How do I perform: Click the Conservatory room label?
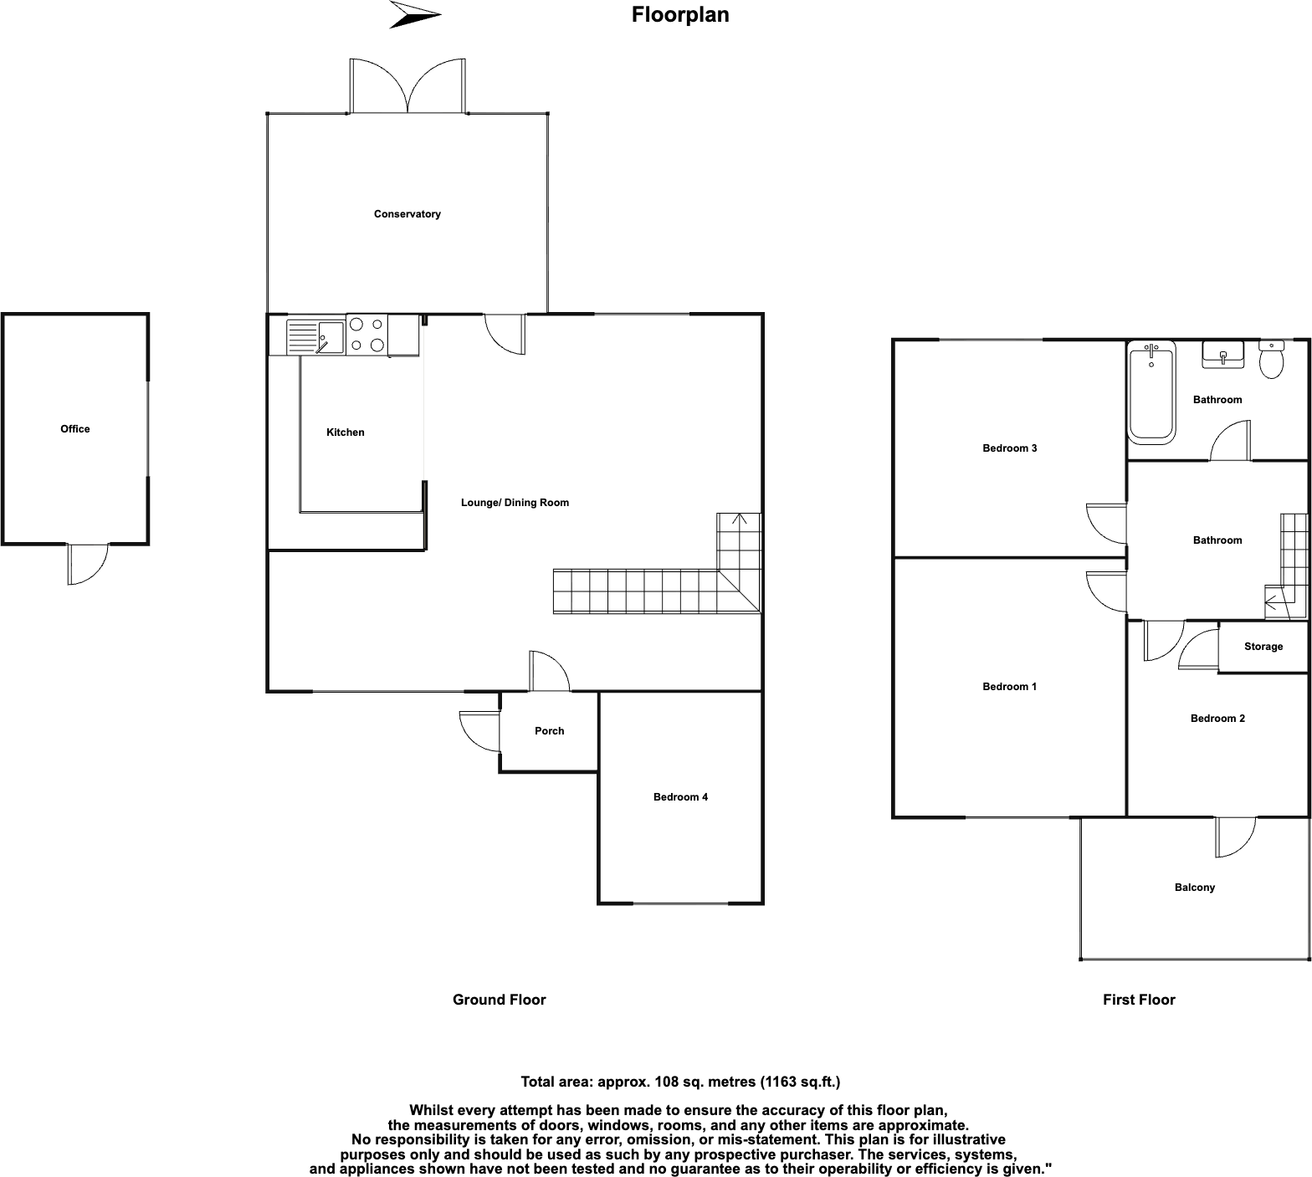pyautogui.click(x=407, y=214)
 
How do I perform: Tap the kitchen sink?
pyautogui.click(x=315, y=336)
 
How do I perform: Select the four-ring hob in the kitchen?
pyautogui.click(x=366, y=335)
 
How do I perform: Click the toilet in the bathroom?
pyautogui.click(x=1271, y=359)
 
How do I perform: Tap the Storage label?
pyautogui.click(x=1263, y=647)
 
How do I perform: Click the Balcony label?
pyautogui.click(x=1194, y=888)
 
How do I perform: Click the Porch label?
pyautogui.click(x=549, y=731)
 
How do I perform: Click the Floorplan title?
pyautogui.click(x=680, y=15)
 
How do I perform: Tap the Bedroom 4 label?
pyautogui.click(x=680, y=797)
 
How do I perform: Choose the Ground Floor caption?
pyautogui.click(x=499, y=1000)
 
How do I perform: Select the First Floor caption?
pyautogui.click(x=1139, y=1000)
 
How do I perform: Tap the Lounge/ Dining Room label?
pyautogui.click(x=515, y=503)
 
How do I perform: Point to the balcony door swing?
pyautogui.click(x=1237, y=837)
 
